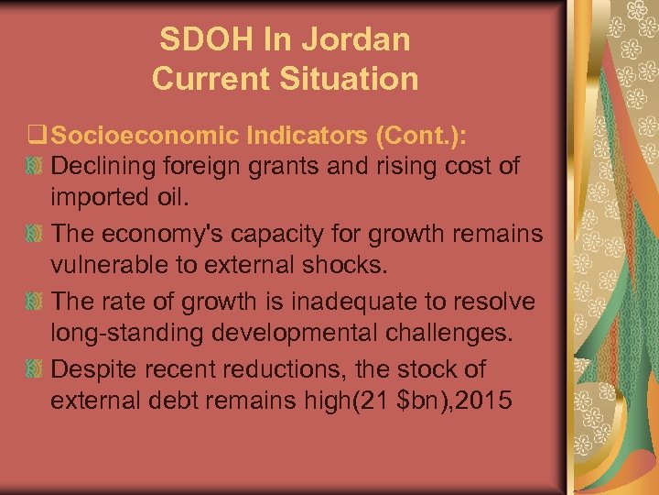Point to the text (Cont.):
[x=419, y=136]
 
